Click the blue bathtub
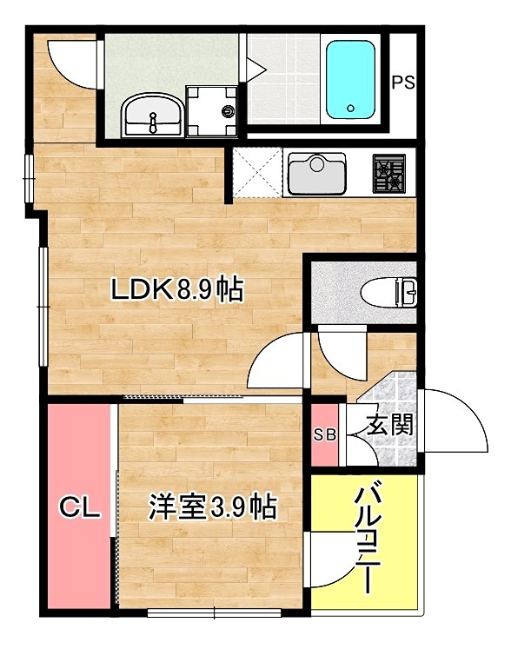351,78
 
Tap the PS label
401,83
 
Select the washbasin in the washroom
153,115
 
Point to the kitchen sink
317,172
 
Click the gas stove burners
388,173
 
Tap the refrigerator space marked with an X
257,172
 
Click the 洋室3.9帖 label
212,506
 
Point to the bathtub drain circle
350,109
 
